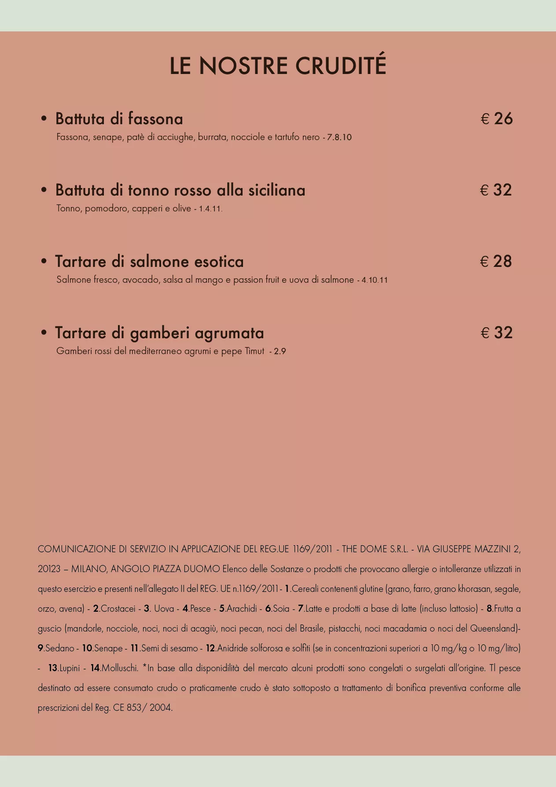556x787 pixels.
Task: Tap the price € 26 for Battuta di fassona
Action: point(497,119)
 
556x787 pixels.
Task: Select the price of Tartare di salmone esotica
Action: point(496,262)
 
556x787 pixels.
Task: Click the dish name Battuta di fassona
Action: point(119,119)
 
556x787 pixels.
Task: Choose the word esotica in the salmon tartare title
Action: point(219,262)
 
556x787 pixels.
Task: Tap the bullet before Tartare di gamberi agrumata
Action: point(44,333)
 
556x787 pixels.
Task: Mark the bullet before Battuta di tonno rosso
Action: point(44,190)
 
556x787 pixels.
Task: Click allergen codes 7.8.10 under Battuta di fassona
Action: point(339,137)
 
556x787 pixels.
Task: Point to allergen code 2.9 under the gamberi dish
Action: point(280,351)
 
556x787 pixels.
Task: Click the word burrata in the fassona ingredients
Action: point(213,137)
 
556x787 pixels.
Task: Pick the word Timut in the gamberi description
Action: point(254,351)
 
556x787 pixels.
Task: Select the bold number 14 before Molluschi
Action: point(95,668)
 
